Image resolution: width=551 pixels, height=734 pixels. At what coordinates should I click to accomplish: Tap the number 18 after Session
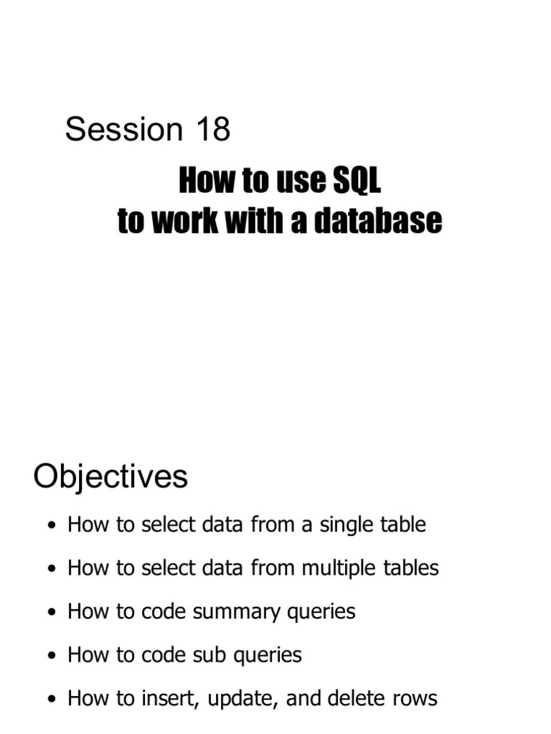tap(211, 130)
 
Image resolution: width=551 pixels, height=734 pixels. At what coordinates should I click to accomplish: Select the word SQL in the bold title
tap(356, 181)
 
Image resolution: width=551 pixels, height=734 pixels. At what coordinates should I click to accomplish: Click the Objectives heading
tap(110, 477)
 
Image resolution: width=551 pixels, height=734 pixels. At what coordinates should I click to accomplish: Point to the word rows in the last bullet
tap(415, 698)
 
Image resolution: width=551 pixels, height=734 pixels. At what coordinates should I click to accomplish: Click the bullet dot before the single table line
tap(50, 526)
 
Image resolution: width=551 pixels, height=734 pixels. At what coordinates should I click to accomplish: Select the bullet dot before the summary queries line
tap(50, 613)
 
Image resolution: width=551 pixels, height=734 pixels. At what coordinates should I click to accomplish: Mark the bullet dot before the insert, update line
tap(50, 700)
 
